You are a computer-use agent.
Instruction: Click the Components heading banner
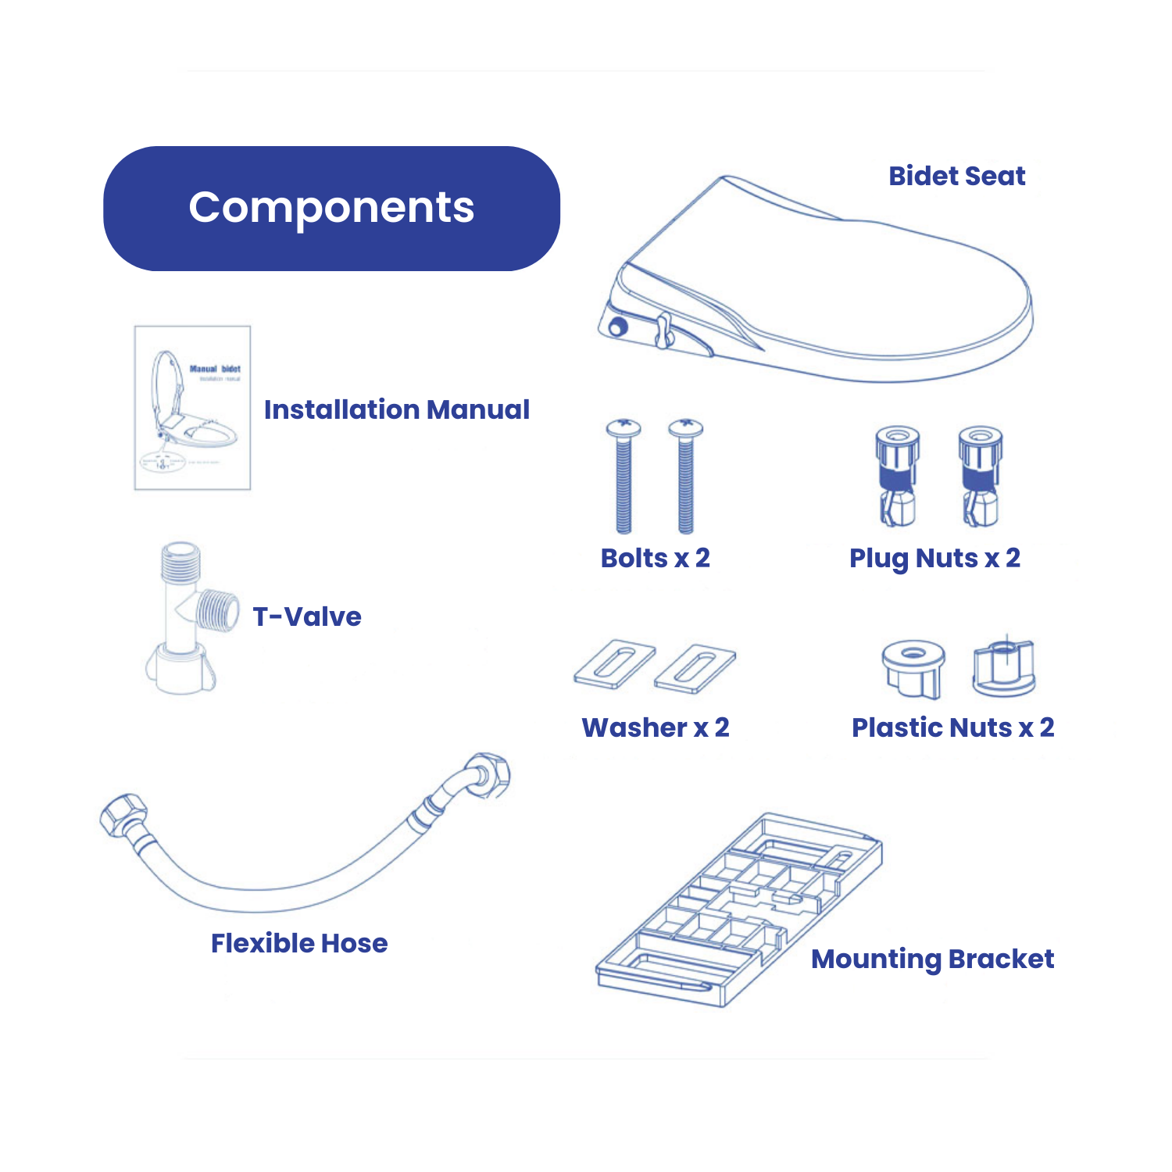tap(331, 208)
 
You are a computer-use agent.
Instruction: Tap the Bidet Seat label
tap(956, 176)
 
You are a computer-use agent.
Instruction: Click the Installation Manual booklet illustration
tap(192, 408)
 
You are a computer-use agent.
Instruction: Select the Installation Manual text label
tap(396, 409)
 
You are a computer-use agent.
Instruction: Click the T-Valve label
tap(306, 616)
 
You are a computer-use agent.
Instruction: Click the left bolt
tap(624, 477)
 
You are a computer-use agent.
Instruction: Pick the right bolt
tap(685, 477)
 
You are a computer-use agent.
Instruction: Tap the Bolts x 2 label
tap(655, 558)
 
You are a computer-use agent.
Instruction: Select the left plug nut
tap(897, 477)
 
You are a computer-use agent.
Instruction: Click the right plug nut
tap(980, 477)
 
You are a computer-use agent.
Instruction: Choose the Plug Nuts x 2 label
tap(934, 558)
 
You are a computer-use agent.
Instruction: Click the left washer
tap(614, 665)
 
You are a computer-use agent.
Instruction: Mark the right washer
tap(695, 669)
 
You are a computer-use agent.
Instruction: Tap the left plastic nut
tap(913, 668)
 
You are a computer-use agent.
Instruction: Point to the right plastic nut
tap(1003, 668)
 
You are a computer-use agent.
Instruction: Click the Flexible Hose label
tap(298, 943)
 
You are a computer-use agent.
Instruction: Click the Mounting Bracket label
tap(932, 959)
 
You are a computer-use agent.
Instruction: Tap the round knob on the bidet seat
tap(617, 327)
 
